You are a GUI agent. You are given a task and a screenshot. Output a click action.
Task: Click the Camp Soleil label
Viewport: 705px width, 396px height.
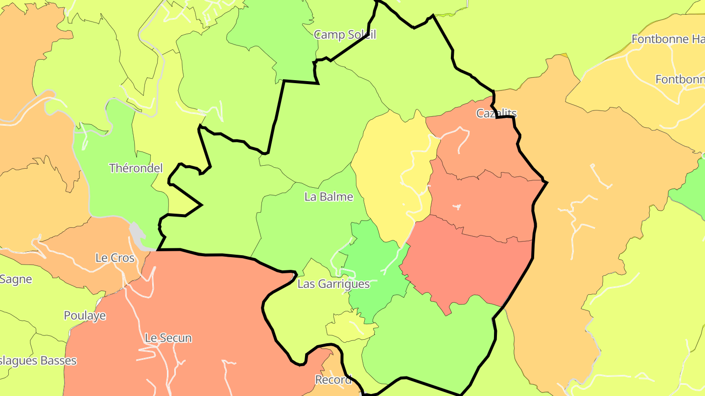[x=345, y=35]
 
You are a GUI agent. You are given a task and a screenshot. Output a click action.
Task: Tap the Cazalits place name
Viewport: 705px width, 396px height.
[x=496, y=113]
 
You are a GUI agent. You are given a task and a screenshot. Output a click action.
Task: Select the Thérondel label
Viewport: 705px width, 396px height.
[x=136, y=168]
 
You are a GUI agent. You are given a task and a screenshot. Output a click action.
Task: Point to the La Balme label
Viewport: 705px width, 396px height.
[x=329, y=197]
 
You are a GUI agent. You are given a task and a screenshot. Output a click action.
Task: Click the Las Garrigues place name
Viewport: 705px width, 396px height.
[x=333, y=284]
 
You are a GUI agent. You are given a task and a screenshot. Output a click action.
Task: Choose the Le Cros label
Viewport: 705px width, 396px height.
[x=115, y=258]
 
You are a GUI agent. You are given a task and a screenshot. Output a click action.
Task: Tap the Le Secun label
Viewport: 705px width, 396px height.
[x=168, y=338]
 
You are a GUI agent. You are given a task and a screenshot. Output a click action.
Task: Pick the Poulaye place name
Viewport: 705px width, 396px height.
[x=85, y=316]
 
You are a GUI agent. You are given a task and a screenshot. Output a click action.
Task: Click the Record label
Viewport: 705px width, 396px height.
[x=333, y=379]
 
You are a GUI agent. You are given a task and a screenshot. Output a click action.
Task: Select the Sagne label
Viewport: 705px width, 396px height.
[x=16, y=279]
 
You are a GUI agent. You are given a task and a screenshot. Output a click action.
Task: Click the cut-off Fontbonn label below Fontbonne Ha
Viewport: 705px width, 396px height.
[x=680, y=79]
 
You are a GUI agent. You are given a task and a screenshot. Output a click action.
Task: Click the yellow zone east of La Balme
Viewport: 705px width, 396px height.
[x=387, y=181]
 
